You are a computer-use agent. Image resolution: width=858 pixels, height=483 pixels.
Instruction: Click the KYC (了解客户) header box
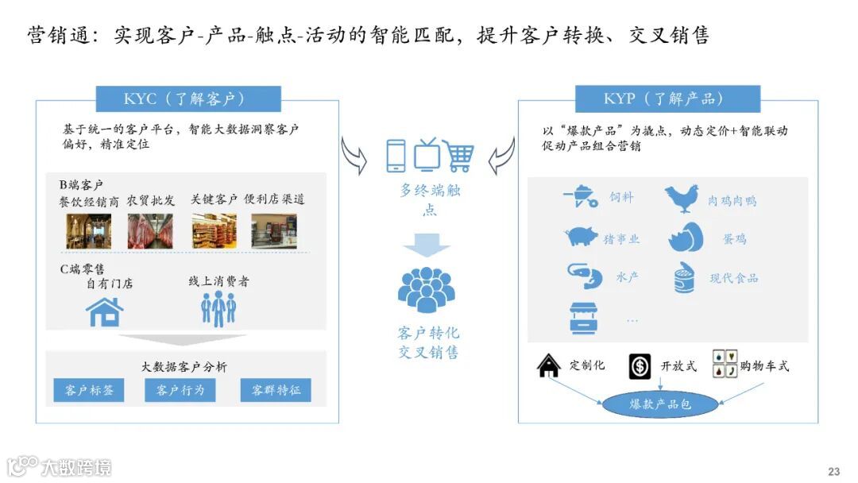click(188, 99)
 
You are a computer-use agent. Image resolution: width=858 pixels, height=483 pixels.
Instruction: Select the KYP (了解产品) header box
click(668, 99)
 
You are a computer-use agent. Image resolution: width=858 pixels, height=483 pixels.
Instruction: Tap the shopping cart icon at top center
click(458, 156)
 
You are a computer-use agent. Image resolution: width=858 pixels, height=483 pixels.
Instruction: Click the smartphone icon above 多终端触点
click(396, 156)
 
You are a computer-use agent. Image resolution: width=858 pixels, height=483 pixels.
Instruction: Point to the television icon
click(427, 154)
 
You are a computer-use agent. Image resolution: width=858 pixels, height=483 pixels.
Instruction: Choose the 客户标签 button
click(89, 390)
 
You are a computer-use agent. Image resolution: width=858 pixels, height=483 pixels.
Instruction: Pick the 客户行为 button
click(180, 390)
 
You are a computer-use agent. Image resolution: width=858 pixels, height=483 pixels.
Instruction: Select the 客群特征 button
click(276, 390)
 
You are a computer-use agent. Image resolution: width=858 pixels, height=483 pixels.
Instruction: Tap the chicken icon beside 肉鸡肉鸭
click(682, 199)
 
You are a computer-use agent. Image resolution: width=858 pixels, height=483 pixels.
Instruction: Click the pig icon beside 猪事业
click(582, 237)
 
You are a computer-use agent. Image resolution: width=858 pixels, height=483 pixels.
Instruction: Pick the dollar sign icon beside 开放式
click(640, 366)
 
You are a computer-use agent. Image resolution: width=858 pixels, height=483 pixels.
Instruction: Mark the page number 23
click(833, 471)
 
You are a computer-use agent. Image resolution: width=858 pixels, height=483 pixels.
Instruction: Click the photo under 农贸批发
click(150, 231)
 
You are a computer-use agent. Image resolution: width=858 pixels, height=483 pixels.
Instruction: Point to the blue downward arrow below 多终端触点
click(427, 247)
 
